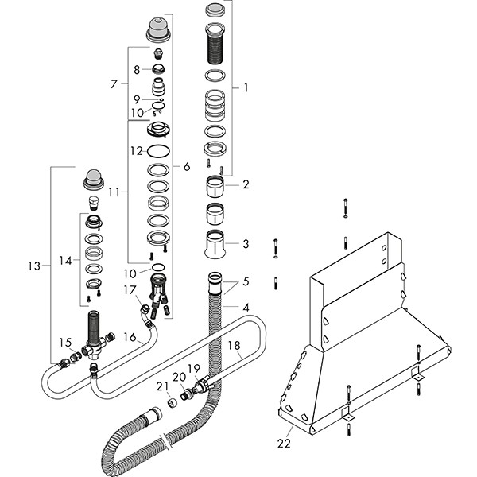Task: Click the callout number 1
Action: coord(246,88)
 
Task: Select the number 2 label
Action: coord(246,184)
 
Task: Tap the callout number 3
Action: coord(246,243)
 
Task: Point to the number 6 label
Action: coord(187,167)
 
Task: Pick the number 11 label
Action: coord(114,192)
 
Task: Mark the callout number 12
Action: coord(137,150)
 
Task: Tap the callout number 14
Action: coord(65,260)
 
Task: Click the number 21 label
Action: coord(162,386)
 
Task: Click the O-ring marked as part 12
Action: coord(159,150)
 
